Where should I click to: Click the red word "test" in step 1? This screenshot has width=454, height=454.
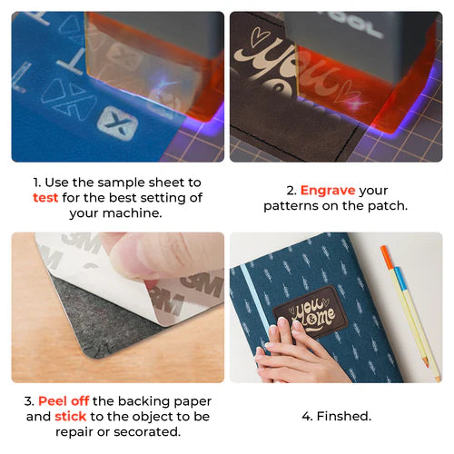click(47, 198)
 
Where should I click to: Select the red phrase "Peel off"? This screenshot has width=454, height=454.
click(65, 401)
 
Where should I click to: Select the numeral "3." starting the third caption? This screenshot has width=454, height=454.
click(30, 401)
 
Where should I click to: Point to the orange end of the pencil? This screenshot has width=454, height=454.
click(386, 256)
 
